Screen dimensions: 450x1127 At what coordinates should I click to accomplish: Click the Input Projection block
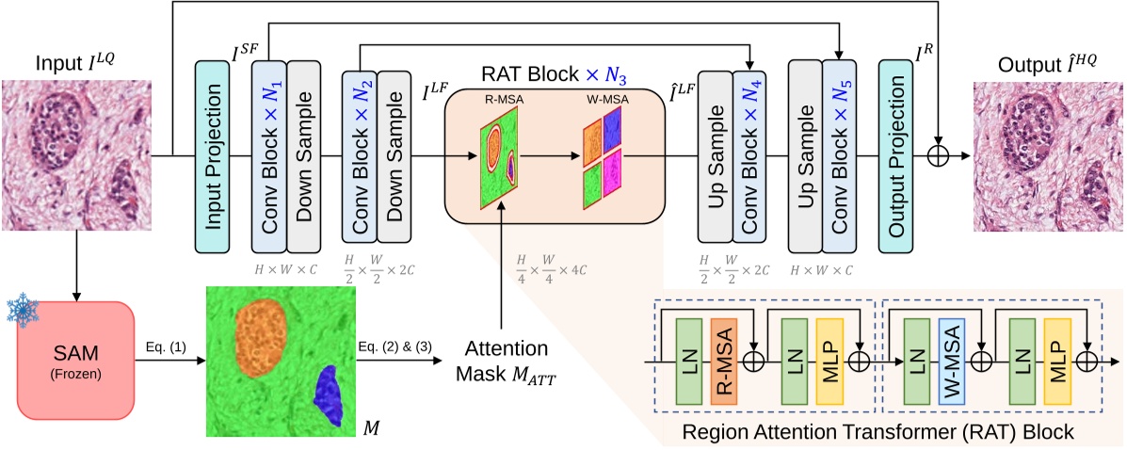[212, 156]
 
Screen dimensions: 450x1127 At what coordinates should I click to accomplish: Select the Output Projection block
[896, 156]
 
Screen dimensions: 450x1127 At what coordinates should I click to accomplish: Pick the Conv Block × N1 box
[268, 156]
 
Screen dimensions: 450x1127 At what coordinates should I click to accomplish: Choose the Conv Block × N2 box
[359, 156]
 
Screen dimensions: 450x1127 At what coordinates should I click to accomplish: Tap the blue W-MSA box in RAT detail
[951, 361]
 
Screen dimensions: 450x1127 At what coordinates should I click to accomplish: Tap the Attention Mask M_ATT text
[503, 359]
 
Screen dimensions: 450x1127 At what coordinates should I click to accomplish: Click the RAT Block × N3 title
[553, 73]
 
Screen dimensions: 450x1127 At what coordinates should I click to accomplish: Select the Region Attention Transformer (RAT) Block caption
[881, 432]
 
